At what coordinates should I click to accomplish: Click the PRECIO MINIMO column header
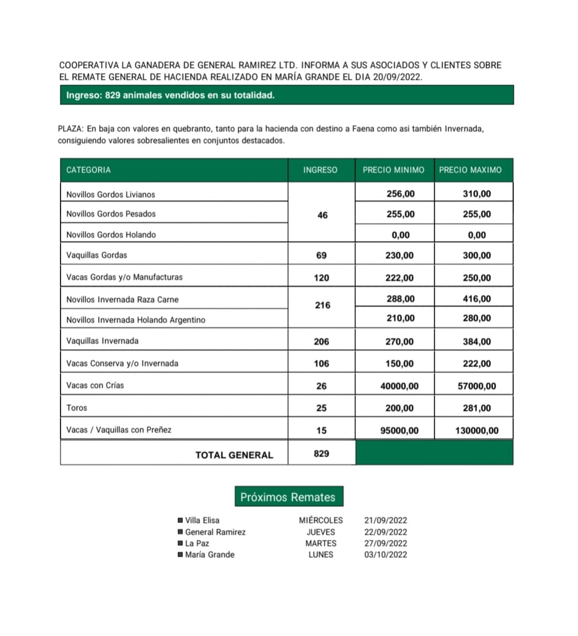pos(393,170)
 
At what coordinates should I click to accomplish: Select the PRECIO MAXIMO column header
pos(470,170)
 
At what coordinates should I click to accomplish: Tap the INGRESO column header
pos(320,170)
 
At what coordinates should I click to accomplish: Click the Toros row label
pos(77,408)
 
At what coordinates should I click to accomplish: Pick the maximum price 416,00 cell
pos(476,299)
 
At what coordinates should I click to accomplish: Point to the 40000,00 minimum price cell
pos(399,386)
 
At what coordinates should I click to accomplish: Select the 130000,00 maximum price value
pos(476,430)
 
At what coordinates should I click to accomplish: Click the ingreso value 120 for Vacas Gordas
pos(322,278)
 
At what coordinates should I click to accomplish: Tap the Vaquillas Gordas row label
pos(97,255)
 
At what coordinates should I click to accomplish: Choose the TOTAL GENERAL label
pos(234,455)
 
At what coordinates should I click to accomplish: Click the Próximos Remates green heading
pos(288,497)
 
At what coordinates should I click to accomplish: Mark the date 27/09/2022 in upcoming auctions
pos(385,543)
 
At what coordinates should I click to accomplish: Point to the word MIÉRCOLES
pos(321,520)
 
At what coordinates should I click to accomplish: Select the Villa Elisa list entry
pos(202,520)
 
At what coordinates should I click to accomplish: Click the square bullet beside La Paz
pos(180,543)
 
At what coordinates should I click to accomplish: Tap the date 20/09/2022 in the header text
pos(397,77)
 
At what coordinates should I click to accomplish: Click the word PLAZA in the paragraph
pos(70,129)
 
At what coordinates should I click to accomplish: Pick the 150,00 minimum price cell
pos(399,364)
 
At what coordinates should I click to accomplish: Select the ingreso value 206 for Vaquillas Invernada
pos(322,342)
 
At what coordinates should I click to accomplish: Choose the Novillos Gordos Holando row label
pos(111,234)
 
